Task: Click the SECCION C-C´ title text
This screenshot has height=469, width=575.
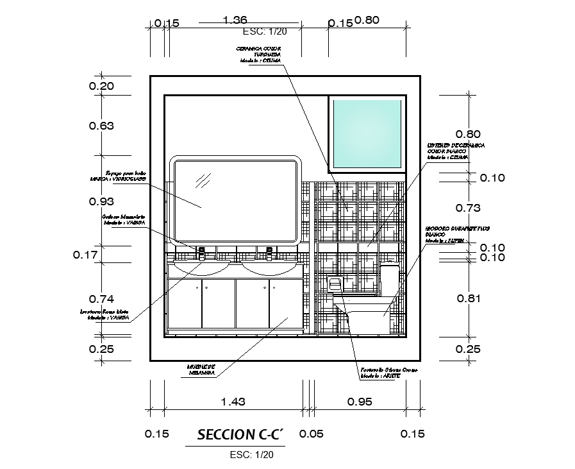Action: [x=235, y=434]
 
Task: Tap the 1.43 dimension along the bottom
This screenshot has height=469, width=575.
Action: [x=232, y=402]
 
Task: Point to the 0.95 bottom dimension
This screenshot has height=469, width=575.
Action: [x=360, y=402]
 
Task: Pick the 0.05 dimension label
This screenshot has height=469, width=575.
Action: [x=312, y=434]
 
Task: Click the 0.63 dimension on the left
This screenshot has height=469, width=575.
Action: [x=101, y=126]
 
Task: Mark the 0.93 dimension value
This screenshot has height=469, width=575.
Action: [x=101, y=201]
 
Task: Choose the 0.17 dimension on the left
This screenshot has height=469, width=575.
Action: [x=85, y=255]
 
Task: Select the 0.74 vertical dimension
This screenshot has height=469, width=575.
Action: [x=101, y=299]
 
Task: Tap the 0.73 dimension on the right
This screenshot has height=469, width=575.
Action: [x=467, y=207]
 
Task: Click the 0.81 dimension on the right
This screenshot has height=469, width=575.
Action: [x=467, y=298]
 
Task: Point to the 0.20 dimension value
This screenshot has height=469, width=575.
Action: [x=101, y=86]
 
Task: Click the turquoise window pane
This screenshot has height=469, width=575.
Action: [x=367, y=133]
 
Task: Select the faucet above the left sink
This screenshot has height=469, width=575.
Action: [x=201, y=252]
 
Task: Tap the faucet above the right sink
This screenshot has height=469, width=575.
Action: [x=269, y=252]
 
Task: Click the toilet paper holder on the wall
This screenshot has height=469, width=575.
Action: [x=335, y=282]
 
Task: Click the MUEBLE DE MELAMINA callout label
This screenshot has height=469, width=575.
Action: [x=201, y=371]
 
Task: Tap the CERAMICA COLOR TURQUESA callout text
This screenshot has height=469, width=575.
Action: [x=259, y=54]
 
